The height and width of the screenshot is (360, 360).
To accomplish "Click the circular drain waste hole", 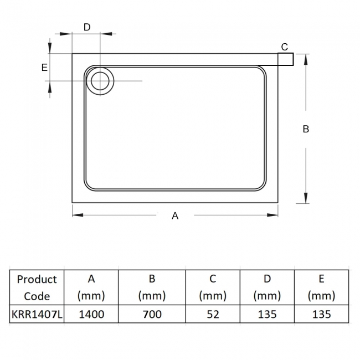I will (x=100, y=81).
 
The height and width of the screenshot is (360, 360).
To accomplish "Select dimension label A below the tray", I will (x=175, y=216).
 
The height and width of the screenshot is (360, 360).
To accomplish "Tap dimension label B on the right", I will (x=306, y=129).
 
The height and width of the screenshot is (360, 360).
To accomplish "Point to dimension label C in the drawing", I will (x=284, y=46).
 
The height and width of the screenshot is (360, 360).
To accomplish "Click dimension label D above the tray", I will (x=86, y=27).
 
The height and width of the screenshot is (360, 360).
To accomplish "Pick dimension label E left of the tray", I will (x=44, y=68).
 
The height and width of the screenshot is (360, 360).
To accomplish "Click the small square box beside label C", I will (x=285, y=59).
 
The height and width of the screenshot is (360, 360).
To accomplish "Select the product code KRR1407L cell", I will (x=37, y=314).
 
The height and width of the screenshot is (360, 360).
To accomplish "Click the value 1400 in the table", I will (x=91, y=314).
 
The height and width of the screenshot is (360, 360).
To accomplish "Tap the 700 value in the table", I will (x=152, y=314).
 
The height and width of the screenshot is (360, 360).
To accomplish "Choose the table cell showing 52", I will (x=213, y=314).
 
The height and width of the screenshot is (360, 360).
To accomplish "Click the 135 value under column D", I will (x=266, y=314).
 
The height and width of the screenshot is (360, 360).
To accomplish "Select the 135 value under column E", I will (x=321, y=314).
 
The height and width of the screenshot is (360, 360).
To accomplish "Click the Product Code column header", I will (x=37, y=287).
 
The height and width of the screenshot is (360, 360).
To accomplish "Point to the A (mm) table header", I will (x=91, y=287).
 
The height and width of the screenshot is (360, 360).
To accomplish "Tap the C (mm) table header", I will (x=213, y=287).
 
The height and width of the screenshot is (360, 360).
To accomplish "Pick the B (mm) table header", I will (x=152, y=287).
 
